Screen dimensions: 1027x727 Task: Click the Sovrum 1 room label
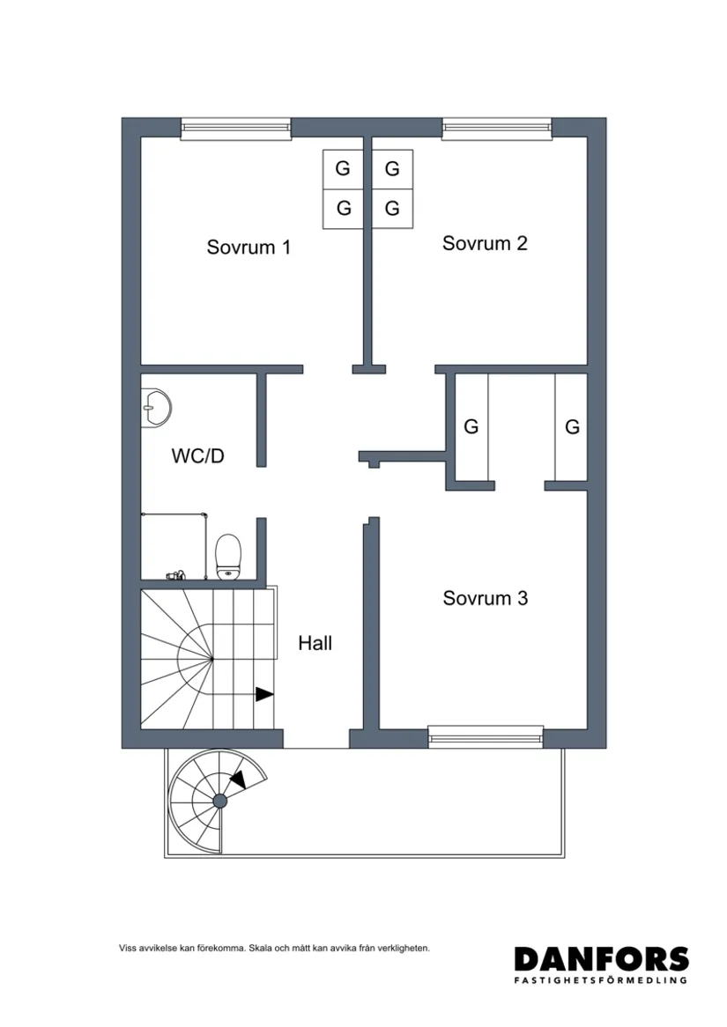(249, 248)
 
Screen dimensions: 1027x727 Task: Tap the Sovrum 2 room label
(485, 244)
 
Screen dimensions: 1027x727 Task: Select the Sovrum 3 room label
(485, 599)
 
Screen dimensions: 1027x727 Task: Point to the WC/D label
(198, 456)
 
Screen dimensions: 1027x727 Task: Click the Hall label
(315, 644)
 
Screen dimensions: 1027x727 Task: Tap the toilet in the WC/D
(228, 556)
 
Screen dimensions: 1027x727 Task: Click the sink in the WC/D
(156, 408)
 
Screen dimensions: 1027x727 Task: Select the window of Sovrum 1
(235, 129)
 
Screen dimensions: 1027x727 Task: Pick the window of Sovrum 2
(497, 129)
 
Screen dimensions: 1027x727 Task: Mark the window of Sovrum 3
(486, 737)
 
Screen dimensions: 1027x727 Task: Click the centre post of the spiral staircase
(219, 800)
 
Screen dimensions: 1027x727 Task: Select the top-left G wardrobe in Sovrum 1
(343, 168)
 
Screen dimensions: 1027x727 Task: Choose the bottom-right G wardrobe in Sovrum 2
(392, 210)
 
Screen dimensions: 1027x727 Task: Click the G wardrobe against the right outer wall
(572, 427)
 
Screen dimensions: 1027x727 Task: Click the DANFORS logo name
(601, 959)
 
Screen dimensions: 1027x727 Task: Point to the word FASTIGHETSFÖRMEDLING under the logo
(601, 979)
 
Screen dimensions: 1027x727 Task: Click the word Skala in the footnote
(261, 949)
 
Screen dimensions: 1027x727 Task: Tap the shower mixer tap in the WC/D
(174, 576)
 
